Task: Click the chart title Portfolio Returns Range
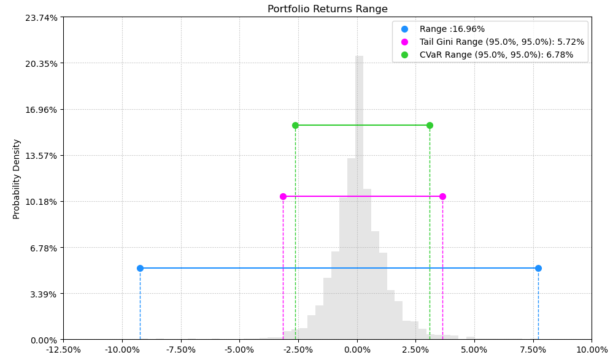pos(327,9)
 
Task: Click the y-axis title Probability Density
pos(17,179)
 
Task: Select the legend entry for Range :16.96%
pos(452,29)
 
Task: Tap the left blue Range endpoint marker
pos(140,268)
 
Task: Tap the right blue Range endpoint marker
pos(538,268)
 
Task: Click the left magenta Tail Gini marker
pos(283,196)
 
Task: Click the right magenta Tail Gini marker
pos(442,196)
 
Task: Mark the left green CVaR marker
pos(295,125)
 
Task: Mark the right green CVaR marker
pos(430,125)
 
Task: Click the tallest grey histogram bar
pos(359,196)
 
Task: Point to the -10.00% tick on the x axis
pos(122,350)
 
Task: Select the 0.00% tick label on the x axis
pos(357,350)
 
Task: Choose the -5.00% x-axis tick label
pos(239,350)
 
